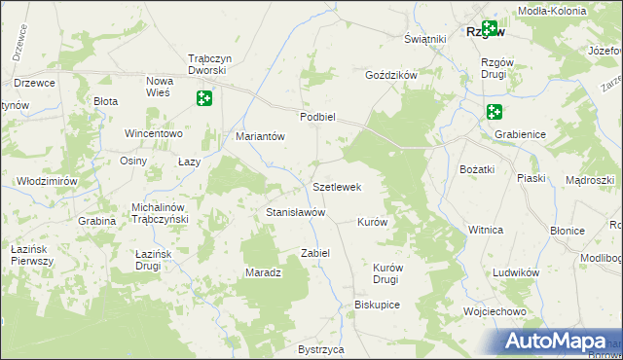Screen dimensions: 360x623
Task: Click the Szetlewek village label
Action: (337, 187)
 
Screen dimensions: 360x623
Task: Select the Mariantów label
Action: (260, 136)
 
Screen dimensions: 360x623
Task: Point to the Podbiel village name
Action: (317, 116)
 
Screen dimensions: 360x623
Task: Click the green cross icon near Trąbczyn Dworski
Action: (203, 98)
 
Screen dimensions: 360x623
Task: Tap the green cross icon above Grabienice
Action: (495, 113)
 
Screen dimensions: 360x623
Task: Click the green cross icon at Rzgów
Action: (489, 30)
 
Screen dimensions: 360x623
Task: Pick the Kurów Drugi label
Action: (387, 273)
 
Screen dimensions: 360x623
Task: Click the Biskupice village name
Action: (378, 304)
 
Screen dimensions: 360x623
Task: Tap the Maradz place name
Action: (263, 272)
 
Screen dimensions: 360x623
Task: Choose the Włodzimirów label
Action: (47, 181)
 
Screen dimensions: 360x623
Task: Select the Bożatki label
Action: (478, 169)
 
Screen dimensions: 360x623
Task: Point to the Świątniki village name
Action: (424, 39)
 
